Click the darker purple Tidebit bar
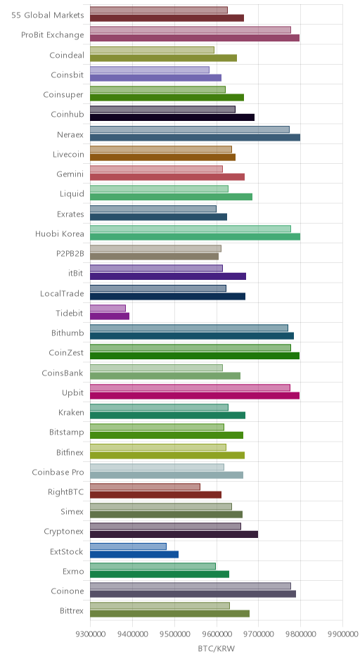(x=110, y=316)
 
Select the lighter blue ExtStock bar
(x=128, y=546)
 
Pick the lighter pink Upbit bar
(x=190, y=388)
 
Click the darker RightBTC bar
(x=155, y=494)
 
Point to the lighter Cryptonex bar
(x=166, y=527)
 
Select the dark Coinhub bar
(x=172, y=117)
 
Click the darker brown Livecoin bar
(x=162, y=158)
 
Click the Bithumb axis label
(x=67, y=333)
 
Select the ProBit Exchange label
(x=53, y=35)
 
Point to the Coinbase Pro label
(x=58, y=472)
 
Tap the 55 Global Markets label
(x=48, y=15)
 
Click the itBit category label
(x=76, y=273)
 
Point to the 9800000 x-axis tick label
(x=300, y=634)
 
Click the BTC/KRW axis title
(x=217, y=648)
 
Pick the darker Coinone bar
(x=193, y=594)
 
